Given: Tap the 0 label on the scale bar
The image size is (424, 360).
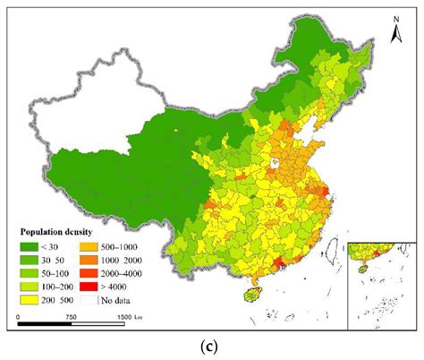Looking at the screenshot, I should pyautogui.click(x=18, y=317).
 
